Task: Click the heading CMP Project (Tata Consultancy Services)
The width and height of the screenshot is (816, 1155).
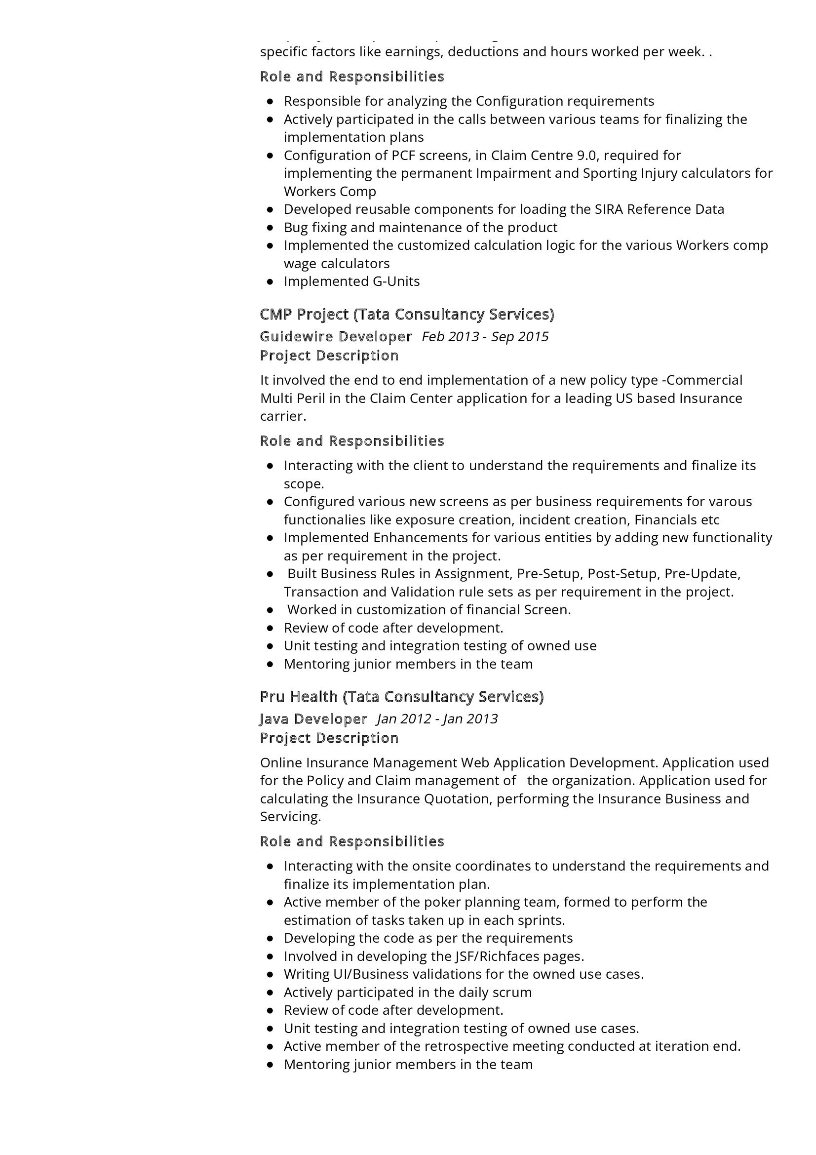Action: pyautogui.click(x=407, y=315)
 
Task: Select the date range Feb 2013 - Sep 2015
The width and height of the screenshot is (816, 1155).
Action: pyautogui.click(x=485, y=337)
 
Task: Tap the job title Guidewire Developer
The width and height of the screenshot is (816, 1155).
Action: pyautogui.click(x=336, y=337)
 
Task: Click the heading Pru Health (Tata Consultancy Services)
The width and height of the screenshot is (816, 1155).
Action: pyautogui.click(x=402, y=697)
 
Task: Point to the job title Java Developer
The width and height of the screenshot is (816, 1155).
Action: pyautogui.click(x=314, y=719)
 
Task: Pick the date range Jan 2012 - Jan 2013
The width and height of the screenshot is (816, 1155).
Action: pyautogui.click(x=437, y=719)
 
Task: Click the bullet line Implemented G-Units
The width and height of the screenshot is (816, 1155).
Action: pyautogui.click(x=351, y=281)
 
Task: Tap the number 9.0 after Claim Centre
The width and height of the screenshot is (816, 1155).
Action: pyautogui.click(x=582, y=156)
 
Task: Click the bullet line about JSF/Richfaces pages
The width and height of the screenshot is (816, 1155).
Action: pyautogui.click(x=433, y=956)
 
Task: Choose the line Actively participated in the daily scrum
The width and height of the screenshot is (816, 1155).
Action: pyautogui.click(x=407, y=993)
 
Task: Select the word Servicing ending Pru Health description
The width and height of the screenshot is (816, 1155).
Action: pyautogui.click(x=290, y=817)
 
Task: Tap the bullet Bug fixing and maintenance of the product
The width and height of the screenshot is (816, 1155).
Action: pyautogui.click(x=420, y=227)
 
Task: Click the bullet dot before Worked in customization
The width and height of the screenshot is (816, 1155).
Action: pyautogui.click(x=271, y=611)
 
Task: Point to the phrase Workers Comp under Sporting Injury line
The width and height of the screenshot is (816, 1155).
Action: pyautogui.click(x=330, y=192)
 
